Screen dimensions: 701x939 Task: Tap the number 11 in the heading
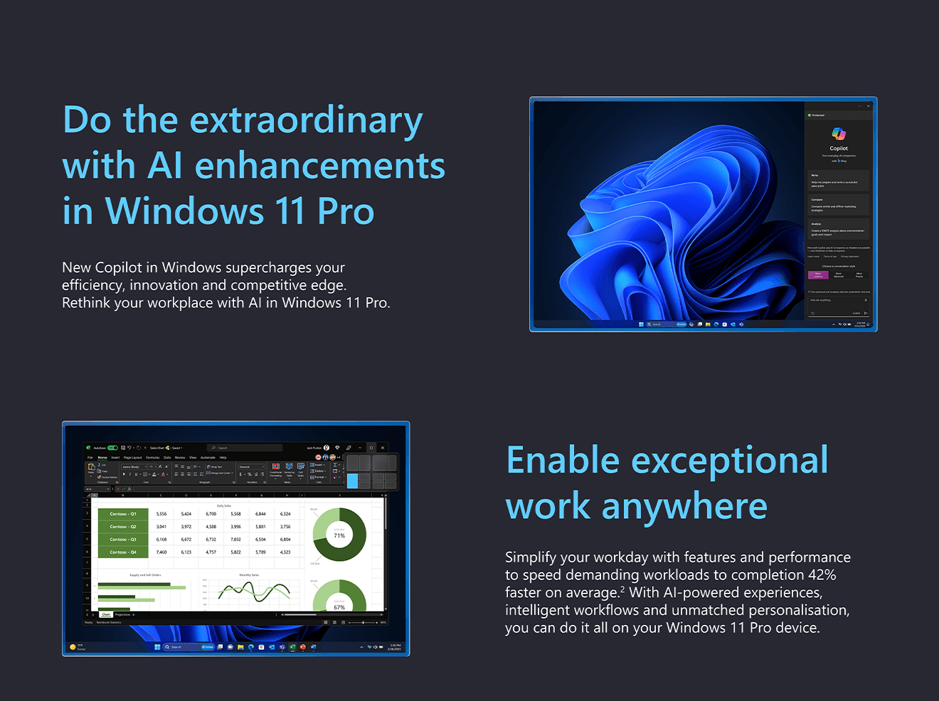coord(290,211)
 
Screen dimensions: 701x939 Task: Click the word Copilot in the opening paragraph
coord(119,268)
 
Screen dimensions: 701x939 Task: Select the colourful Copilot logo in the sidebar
coord(839,134)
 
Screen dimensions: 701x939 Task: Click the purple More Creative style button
coord(818,275)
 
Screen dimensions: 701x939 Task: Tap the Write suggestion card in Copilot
coord(838,180)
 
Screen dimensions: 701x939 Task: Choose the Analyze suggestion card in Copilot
coord(838,229)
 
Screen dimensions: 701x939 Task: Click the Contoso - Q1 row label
coord(123,514)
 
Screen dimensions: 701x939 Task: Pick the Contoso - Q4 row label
coord(123,552)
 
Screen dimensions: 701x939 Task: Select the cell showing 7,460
coord(161,552)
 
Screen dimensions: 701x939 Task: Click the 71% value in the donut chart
coord(339,535)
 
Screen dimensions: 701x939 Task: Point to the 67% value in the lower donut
coord(339,607)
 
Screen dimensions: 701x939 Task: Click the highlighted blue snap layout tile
coord(353,481)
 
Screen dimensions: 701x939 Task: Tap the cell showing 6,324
coord(285,514)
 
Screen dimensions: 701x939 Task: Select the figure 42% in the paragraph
coord(822,575)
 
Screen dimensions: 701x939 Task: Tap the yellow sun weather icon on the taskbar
coord(73,647)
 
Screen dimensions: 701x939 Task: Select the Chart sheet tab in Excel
coord(106,614)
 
